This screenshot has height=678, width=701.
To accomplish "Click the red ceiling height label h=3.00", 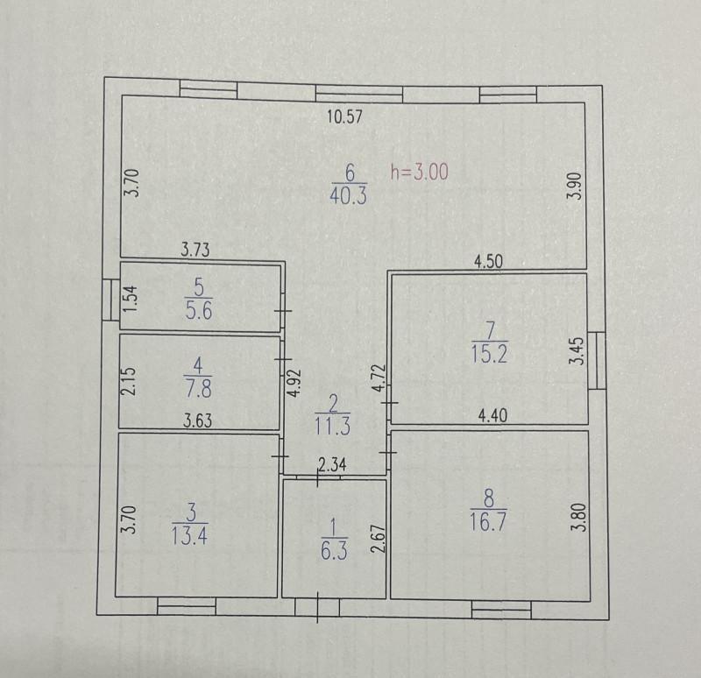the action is coord(420,172).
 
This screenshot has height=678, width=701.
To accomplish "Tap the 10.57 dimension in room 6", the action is coord(344,117).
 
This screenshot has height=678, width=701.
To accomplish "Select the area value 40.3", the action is coord(349,195).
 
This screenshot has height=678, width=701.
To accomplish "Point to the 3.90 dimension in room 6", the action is coord(576,186).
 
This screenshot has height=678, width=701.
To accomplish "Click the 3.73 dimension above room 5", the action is coord(195,250).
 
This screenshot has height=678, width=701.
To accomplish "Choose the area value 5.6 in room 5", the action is coord(199,310).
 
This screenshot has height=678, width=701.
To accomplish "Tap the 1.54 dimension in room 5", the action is coord(131,299).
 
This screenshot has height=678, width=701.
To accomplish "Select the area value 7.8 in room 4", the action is coord(198,388).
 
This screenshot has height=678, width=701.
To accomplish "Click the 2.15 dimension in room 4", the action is coord(128,381).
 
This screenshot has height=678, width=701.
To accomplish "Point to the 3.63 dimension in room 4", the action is coord(198,420).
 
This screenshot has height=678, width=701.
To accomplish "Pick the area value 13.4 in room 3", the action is coord(189,535).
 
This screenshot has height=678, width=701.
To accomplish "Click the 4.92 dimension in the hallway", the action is coord(294,383).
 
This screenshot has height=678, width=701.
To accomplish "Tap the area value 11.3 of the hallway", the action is coord(333,427).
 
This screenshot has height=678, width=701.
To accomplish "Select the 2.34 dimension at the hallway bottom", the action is coord(332,465).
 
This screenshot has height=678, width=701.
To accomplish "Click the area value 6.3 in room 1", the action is coord(334,550).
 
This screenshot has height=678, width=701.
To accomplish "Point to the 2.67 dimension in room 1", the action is coord(379,539).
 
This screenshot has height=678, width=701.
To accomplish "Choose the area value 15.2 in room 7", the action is coord(490,355).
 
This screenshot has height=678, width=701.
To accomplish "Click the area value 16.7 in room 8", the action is coord(488,521).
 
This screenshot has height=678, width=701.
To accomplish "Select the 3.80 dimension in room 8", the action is coord(578,517).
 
